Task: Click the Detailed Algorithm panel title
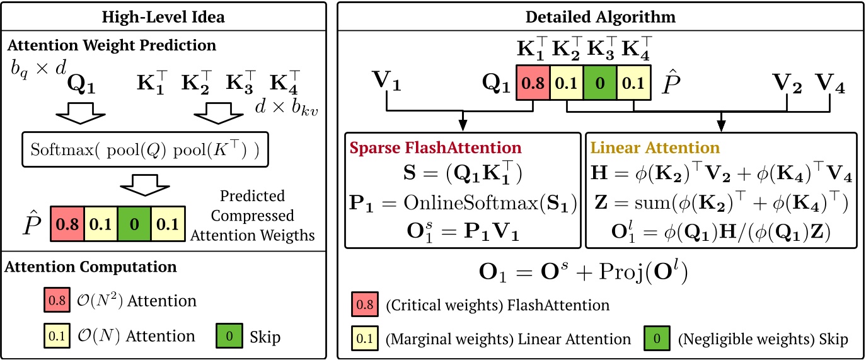click(x=601, y=17)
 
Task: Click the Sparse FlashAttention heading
click(x=435, y=148)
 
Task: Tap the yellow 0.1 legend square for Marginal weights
click(x=364, y=339)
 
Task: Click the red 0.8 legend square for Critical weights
click(x=364, y=306)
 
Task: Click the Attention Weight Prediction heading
click(x=110, y=45)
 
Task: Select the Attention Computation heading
click(x=91, y=267)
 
